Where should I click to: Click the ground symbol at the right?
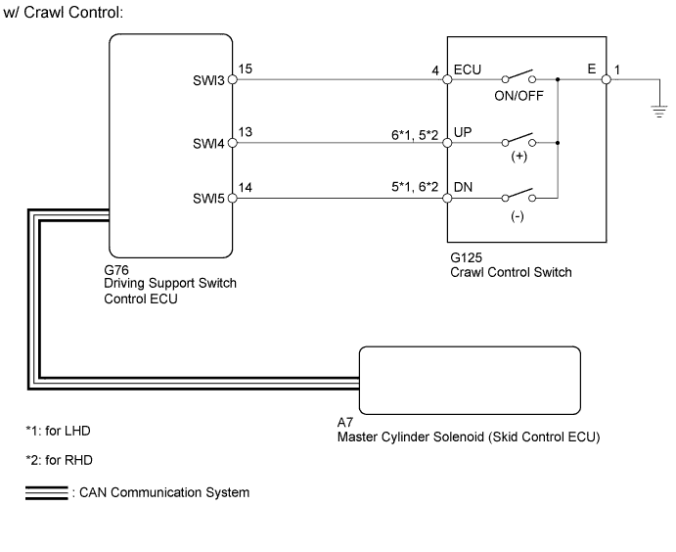point(657,112)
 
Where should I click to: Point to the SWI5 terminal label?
point(209,199)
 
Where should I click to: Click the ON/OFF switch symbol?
point(518,77)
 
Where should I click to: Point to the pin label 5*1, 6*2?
point(413,189)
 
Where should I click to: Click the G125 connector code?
point(463,258)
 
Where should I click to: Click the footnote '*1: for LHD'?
point(64,431)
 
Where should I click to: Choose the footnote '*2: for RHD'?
point(65,460)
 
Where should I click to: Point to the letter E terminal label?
point(592,70)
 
